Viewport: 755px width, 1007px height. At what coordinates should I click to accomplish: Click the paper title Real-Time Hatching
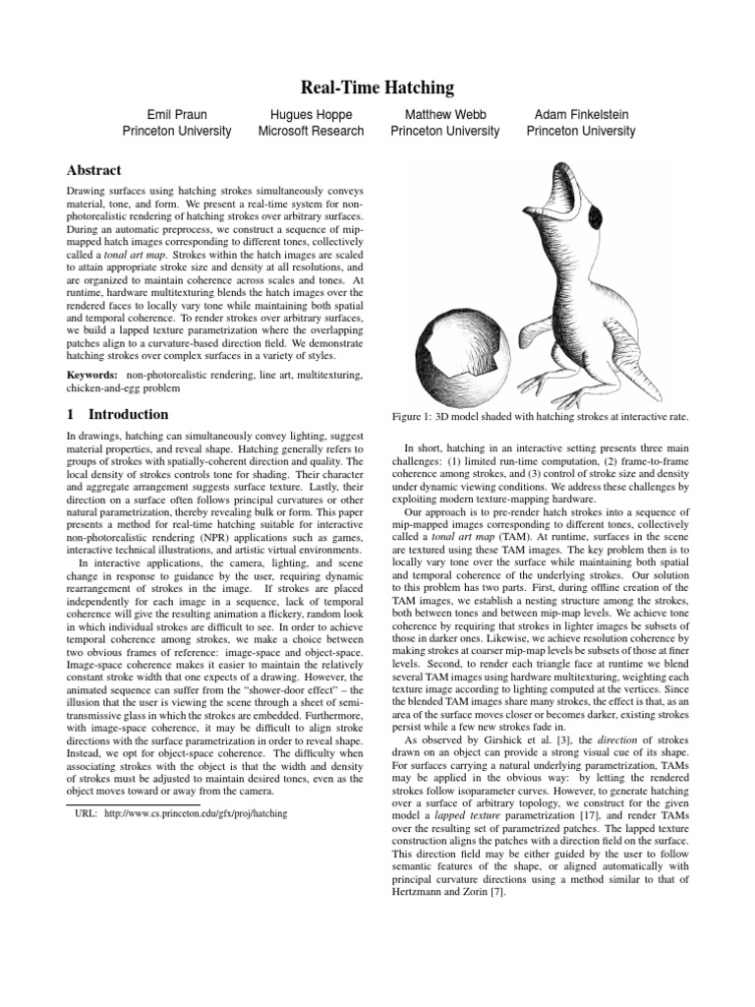377,89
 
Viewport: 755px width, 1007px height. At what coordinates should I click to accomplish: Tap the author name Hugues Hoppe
311,114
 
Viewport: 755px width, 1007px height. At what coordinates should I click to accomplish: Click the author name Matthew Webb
444,114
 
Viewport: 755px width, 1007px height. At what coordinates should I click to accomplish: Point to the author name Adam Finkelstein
580,114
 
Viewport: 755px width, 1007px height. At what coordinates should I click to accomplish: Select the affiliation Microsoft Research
311,131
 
